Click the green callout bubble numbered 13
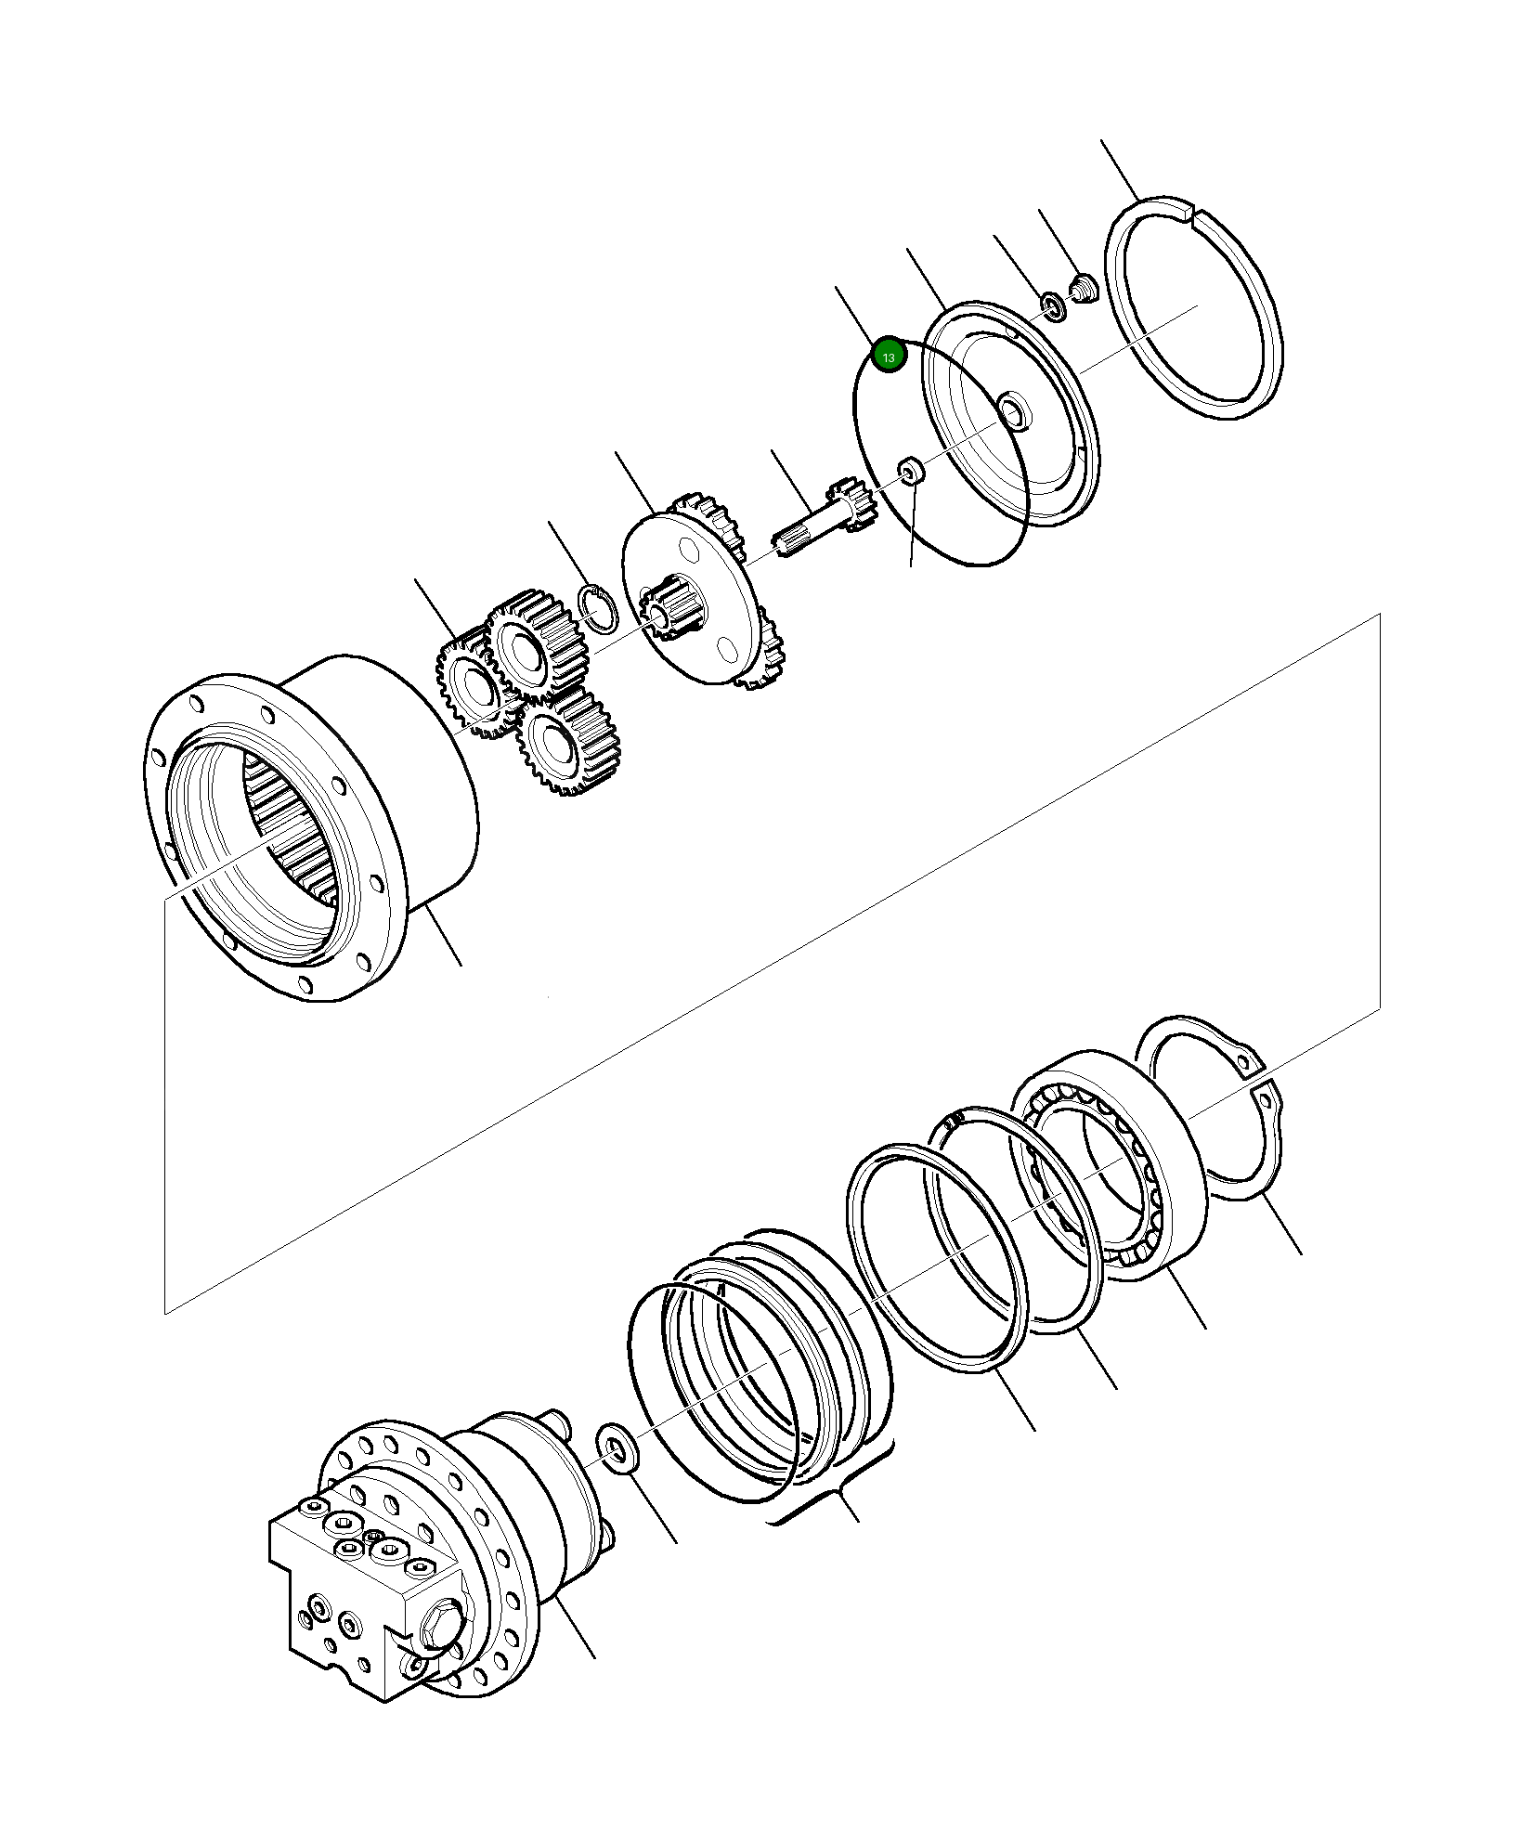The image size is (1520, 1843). tap(889, 357)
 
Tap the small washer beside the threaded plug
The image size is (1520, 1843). tap(1053, 305)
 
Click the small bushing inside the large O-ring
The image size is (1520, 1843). tap(911, 471)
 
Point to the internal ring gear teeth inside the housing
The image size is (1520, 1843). tap(288, 817)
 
